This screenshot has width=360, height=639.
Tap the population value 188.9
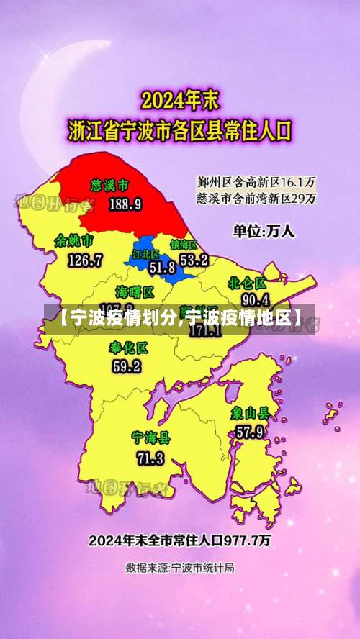[x=125, y=204]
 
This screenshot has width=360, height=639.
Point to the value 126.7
[x=85, y=260]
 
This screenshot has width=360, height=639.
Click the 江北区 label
[x=145, y=254]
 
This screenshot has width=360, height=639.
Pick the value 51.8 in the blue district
[x=162, y=268]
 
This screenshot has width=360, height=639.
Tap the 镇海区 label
[x=184, y=245]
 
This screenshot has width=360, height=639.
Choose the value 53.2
[x=194, y=260]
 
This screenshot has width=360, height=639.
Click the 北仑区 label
[x=248, y=283]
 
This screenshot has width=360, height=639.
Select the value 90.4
[x=256, y=299]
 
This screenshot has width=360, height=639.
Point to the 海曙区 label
[x=135, y=292]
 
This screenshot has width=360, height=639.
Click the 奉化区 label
[x=128, y=348]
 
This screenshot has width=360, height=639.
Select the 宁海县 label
[x=150, y=438]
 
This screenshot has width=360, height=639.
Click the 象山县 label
[x=250, y=414]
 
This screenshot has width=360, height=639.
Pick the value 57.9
[x=249, y=432]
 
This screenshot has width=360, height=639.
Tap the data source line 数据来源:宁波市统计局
[x=180, y=568]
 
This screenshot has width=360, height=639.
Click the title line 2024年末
[x=180, y=99]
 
